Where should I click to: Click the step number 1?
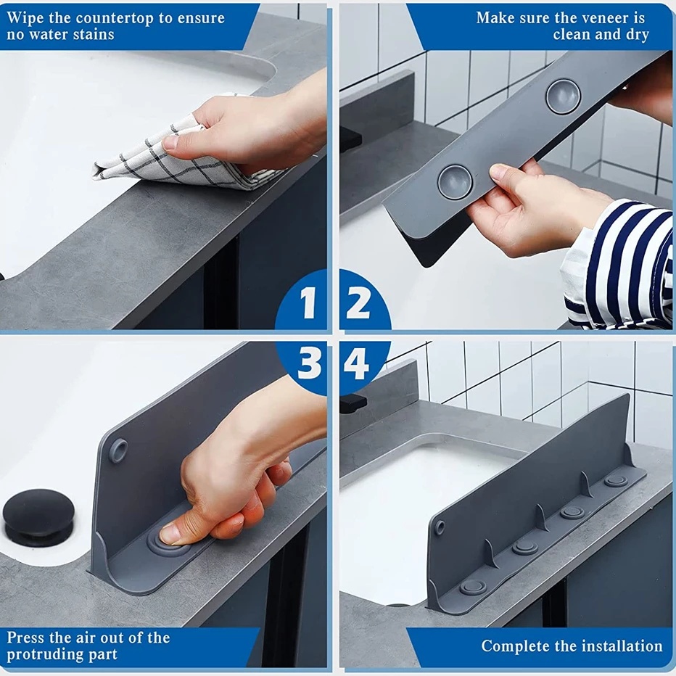[308, 302]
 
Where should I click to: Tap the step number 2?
[358, 302]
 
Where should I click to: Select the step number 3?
[309, 363]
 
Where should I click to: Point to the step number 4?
[356, 363]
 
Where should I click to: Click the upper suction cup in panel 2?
[563, 96]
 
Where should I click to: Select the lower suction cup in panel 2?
[456, 182]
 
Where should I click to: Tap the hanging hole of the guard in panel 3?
[118, 450]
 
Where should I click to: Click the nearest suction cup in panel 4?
[472, 587]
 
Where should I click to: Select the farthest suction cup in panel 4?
[616, 480]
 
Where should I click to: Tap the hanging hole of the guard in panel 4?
[440, 527]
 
